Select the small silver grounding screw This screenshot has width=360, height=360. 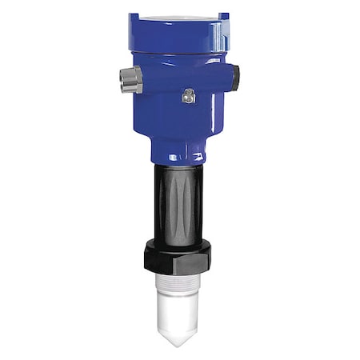pyautogui.click(x=189, y=96)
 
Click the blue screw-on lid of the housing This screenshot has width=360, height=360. pyautogui.click(x=179, y=34)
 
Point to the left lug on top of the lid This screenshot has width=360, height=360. pyautogui.click(x=133, y=16)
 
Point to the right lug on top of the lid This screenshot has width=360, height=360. pyautogui.click(x=224, y=16)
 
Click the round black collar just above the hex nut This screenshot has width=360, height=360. pyautogui.click(x=181, y=240)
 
